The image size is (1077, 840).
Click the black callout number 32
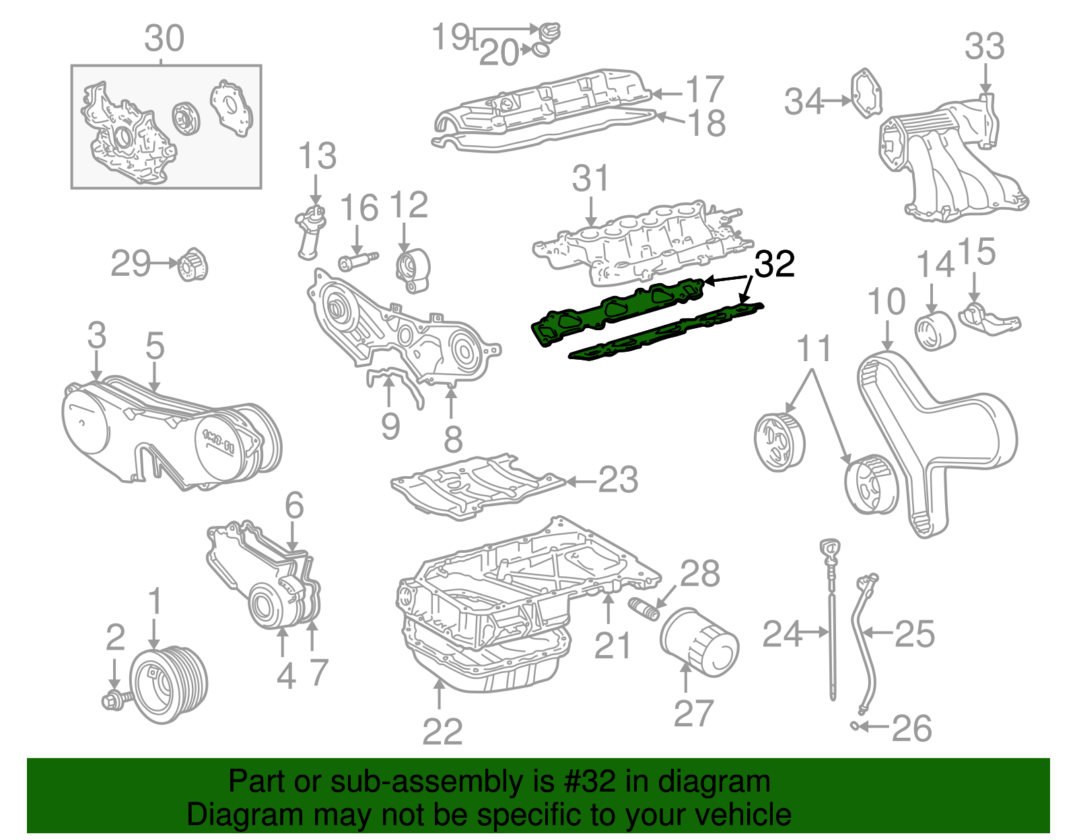tap(774, 264)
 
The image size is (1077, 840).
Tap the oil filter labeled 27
tap(699, 642)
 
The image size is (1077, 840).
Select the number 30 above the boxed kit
tap(164, 39)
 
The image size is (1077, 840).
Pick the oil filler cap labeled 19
tap(549, 31)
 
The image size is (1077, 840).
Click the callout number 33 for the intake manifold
tap(984, 47)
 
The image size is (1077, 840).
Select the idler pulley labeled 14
tap(935, 330)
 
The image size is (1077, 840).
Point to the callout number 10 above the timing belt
tap(886, 302)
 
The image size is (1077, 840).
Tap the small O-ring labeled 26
tap(854, 725)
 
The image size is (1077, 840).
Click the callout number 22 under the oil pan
tap(442, 732)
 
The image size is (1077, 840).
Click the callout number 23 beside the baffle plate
tap(617, 480)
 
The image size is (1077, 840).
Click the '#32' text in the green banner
tap(586, 782)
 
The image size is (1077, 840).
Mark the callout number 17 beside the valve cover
tap(704, 89)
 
